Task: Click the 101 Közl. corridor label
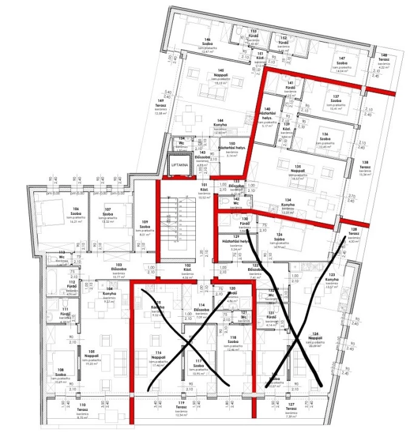pos(204,187)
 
